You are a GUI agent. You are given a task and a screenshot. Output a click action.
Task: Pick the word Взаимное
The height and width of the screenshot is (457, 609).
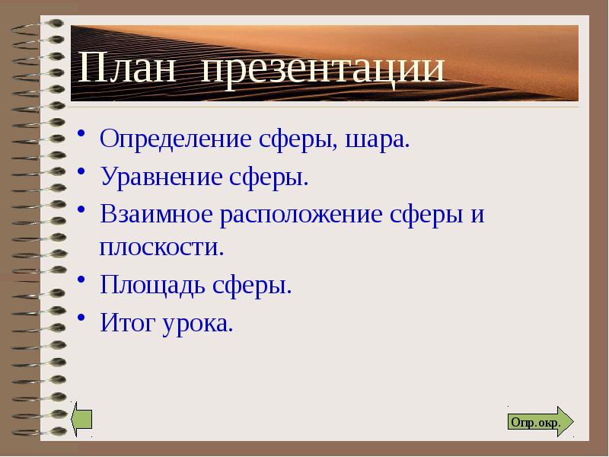(x=157, y=214)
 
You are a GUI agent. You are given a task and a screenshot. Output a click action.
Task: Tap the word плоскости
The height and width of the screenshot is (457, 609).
(x=161, y=248)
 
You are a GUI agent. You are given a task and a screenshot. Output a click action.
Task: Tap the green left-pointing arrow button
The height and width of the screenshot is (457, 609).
(x=81, y=420)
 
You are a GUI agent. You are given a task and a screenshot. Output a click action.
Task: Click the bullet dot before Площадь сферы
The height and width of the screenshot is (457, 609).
(x=81, y=283)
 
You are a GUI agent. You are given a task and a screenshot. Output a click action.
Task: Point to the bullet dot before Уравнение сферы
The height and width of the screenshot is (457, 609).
(x=81, y=174)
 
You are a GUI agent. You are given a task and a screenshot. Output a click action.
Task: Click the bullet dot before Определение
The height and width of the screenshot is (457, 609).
(x=81, y=137)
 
